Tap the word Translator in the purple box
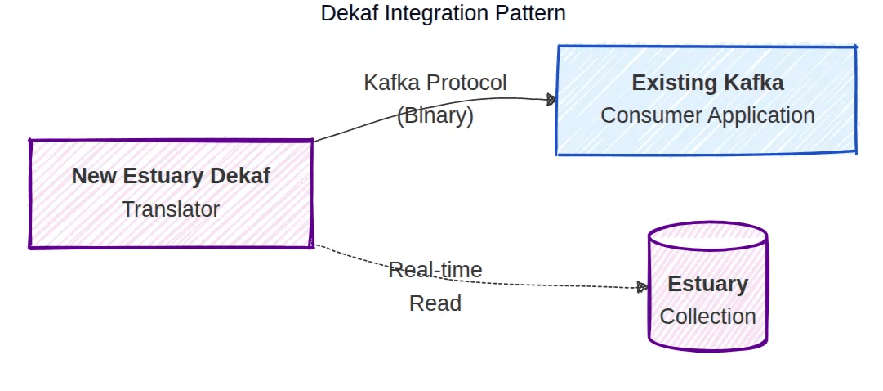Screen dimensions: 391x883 (171, 209)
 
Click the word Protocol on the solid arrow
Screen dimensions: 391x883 (467, 83)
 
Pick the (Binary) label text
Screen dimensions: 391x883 (435, 116)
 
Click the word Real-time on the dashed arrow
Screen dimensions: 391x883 (435, 270)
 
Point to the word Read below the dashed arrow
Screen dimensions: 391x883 (435, 303)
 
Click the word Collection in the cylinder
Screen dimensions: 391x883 (707, 317)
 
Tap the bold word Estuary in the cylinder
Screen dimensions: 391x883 (707, 284)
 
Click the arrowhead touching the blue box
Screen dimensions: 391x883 (551, 100)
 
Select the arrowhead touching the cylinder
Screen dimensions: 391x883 (642, 287)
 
